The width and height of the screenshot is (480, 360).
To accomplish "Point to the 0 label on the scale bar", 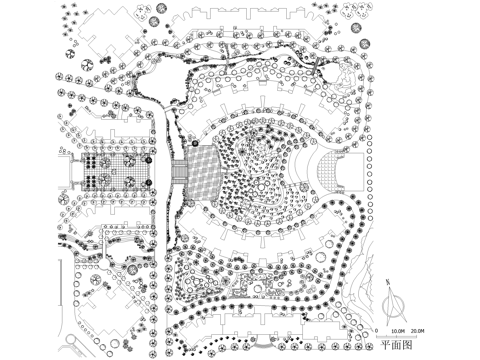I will click(376, 329).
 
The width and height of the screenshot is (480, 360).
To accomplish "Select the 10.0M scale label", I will click(397, 329).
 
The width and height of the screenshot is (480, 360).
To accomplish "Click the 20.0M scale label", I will click(418, 329).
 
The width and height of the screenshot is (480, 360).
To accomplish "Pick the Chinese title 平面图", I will click(395, 344).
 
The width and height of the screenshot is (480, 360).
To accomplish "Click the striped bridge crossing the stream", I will click(180, 176).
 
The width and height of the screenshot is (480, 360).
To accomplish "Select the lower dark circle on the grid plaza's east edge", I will click(147, 182).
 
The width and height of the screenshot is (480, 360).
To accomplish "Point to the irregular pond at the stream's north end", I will click(160, 80).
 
